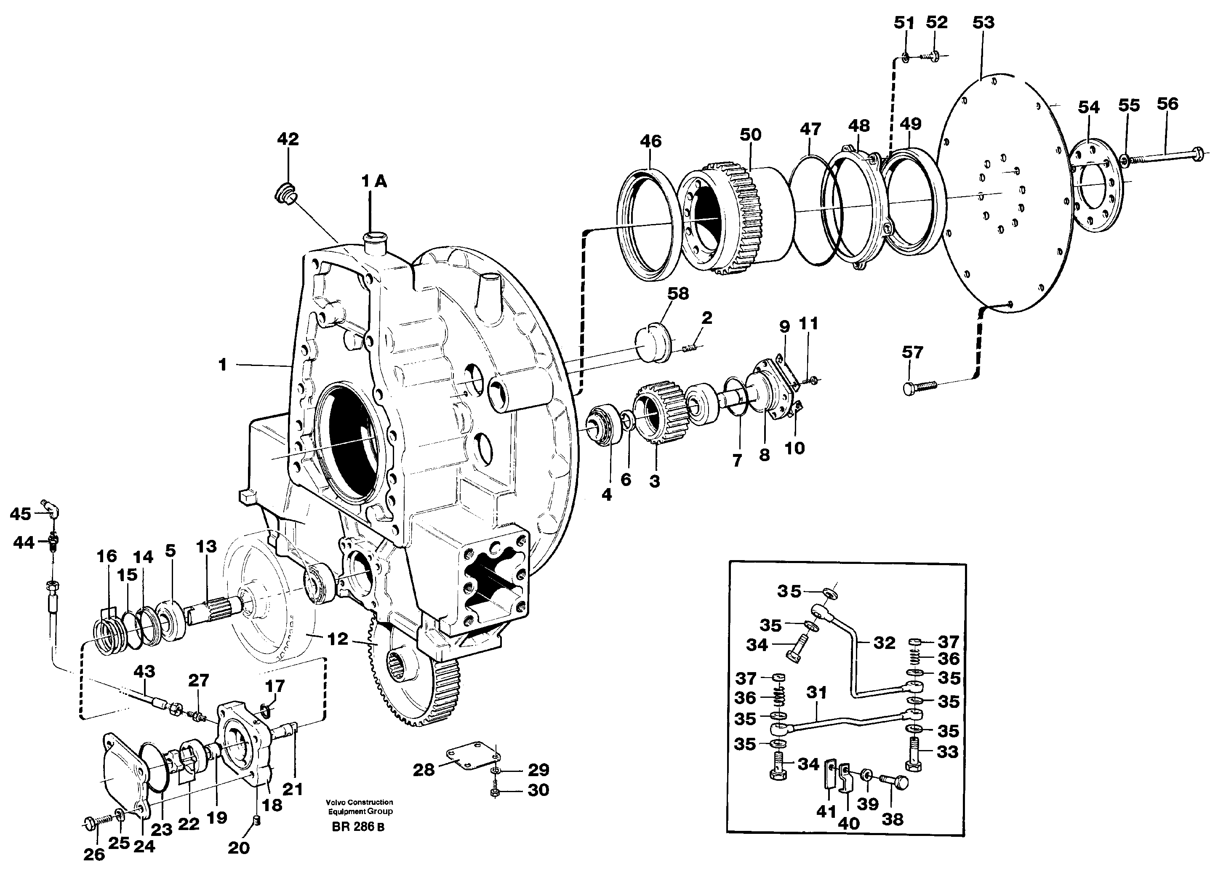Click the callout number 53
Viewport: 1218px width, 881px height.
(983, 23)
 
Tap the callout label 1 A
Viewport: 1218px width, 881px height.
(374, 182)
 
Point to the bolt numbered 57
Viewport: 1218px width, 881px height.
(919, 387)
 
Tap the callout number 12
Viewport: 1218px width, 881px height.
(337, 639)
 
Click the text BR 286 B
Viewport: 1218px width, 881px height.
(358, 827)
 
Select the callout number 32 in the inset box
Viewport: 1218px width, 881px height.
(884, 643)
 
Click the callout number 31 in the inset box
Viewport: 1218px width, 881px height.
(816, 693)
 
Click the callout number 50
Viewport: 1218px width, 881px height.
(750, 134)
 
